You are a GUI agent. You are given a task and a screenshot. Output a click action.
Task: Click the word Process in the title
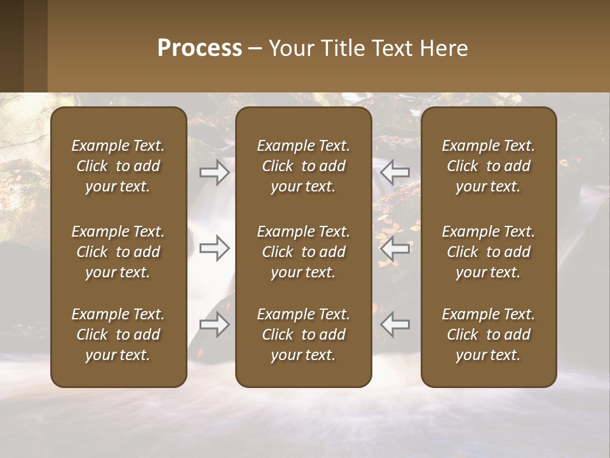200,48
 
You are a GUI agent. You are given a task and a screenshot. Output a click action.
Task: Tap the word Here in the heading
444,48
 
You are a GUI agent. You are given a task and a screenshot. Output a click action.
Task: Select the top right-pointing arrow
215,172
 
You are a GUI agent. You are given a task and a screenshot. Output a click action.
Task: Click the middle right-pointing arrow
215,247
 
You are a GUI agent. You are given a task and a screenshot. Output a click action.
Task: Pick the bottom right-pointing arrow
215,324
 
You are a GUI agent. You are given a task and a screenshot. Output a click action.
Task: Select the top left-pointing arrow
395,172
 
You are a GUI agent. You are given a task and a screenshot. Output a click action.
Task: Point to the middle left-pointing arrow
395,247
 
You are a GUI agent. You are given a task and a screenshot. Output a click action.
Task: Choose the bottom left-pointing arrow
395,324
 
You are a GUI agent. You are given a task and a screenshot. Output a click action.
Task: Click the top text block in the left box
118,166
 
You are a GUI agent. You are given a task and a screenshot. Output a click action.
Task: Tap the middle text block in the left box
118,252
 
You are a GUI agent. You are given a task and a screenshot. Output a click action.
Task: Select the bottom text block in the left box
118,335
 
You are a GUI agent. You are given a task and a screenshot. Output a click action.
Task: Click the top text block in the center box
303,166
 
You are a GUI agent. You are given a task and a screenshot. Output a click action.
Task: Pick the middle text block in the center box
303,252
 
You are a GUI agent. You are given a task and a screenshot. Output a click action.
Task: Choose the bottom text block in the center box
303,335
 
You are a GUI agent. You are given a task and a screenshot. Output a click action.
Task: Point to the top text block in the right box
488,166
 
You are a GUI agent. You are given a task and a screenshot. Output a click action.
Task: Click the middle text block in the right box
488,252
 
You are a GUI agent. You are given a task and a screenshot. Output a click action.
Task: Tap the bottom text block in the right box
488,335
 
